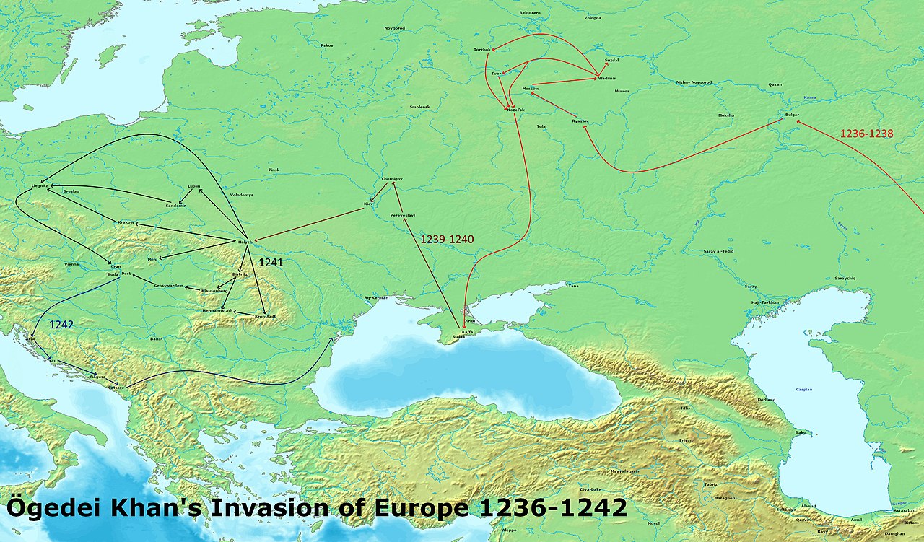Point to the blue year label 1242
[61, 325]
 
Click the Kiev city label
[368, 204]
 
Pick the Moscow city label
[531, 88]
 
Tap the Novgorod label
[395, 27]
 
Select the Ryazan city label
[580, 121]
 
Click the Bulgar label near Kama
[792, 115]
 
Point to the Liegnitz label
[40, 185]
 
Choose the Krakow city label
[126, 222]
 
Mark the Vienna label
[71, 264]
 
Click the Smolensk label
[419, 107]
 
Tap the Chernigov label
[391, 178]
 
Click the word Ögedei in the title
[51, 508]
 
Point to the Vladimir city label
[607, 77]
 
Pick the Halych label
[245, 241]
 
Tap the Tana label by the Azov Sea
[573, 286]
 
